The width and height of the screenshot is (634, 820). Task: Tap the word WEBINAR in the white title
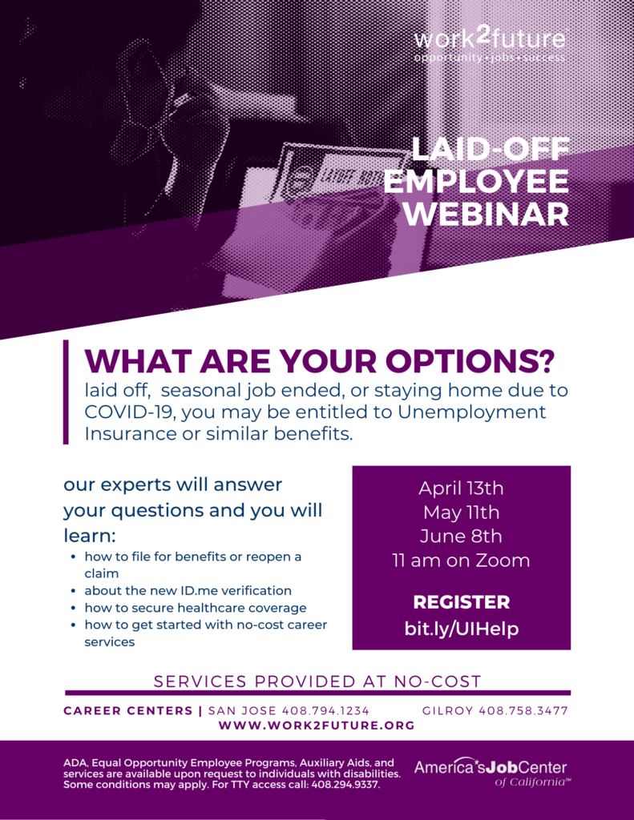click(487, 214)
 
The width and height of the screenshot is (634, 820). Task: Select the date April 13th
click(461, 488)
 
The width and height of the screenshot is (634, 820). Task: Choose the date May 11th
click(461, 512)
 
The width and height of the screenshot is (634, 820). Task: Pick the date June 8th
click(461, 536)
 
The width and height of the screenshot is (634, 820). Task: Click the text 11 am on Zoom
click(461, 561)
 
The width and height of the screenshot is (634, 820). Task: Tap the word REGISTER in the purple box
click(461, 602)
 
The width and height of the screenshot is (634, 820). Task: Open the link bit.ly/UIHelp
click(461, 628)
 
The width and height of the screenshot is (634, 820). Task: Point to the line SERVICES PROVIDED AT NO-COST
click(317, 681)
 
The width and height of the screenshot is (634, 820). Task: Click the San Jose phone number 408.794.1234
click(325, 711)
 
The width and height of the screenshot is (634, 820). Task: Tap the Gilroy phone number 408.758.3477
click(523, 711)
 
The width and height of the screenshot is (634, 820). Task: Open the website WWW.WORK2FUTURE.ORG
click(317, 726)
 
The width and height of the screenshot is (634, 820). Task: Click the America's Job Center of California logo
click(491, 772)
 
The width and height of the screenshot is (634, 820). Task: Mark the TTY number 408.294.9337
click(345, 785)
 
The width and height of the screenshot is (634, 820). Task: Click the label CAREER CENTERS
click(128, 711)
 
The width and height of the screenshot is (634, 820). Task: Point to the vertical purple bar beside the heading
click(66, 392)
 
